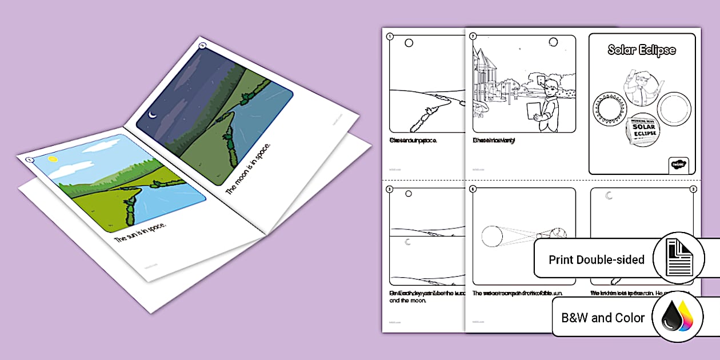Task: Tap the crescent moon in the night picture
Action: (152, 115)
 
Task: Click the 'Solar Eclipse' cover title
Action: (641, 50)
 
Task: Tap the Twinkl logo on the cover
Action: (678, 165)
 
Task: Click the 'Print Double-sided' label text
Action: (596, 259)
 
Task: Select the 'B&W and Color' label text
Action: (602, 318)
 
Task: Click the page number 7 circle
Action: (473, 37)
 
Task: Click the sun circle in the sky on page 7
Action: (553, 42)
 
